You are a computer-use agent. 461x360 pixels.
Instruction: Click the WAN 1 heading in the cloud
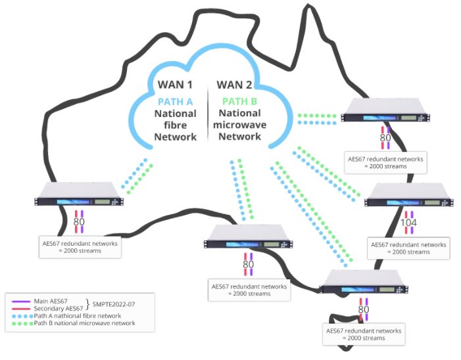pos(175,85)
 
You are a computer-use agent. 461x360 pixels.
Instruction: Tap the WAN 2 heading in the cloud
pos(234,85)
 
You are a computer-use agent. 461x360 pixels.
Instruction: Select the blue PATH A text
pos(175,102)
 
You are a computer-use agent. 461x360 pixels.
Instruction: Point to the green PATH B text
pos(239,101)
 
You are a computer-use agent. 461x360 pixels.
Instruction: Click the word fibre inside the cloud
pos(175,125)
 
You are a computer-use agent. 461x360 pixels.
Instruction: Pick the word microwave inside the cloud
pos(239,125)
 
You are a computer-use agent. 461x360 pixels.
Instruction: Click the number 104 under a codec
pos(408,223)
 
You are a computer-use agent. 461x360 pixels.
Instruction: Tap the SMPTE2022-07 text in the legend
pos(114,304)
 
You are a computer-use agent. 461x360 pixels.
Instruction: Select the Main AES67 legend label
pos(51,302)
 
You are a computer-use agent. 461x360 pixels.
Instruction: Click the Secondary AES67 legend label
pos(59,309)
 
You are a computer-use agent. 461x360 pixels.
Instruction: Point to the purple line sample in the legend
pos(21,302)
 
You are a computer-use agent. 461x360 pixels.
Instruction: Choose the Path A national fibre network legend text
pos(78,316)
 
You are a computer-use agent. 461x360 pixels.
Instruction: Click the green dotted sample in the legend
pos(22,324)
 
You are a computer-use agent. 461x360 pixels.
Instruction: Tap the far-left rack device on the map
pos(79,194)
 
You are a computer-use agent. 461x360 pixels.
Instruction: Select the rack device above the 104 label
pos(408,195)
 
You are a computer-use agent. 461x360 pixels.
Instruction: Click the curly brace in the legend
pos(87,305)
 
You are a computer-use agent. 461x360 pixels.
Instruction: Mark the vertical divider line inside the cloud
pos(208,114)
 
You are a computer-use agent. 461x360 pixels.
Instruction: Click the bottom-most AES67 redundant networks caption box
pos(364,334)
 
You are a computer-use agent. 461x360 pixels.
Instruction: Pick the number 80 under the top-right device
pos(385,138)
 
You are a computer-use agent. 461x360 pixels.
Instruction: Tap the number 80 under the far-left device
pos(79,221)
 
